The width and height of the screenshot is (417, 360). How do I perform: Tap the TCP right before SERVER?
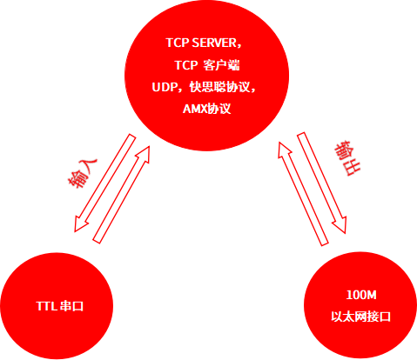tap(178, 43)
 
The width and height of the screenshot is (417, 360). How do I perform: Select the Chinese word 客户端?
tap(222, 65)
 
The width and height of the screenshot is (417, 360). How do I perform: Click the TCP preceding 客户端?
tap(186, 65)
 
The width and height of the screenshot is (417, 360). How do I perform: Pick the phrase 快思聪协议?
tap(219, 87)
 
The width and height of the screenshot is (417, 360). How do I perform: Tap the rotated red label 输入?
tap(82, 173)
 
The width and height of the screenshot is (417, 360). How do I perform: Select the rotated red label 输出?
tap(347, 158)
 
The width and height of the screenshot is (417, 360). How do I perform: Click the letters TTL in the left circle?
tap(46, 306)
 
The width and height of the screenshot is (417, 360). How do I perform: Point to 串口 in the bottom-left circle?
tap(71, 306)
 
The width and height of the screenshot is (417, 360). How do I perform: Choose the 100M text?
tap(361, 295)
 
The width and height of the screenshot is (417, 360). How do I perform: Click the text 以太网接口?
tap(360, 317)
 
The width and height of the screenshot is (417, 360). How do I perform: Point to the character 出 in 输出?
tap(352, 167)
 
